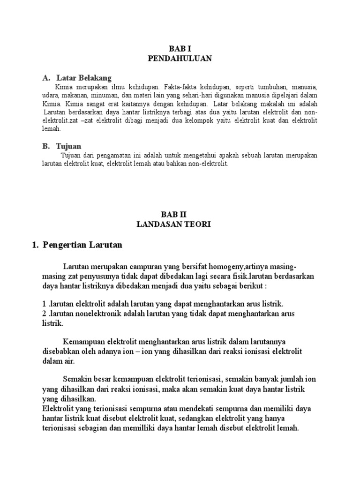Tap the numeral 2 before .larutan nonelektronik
44,314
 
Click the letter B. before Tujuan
45,146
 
